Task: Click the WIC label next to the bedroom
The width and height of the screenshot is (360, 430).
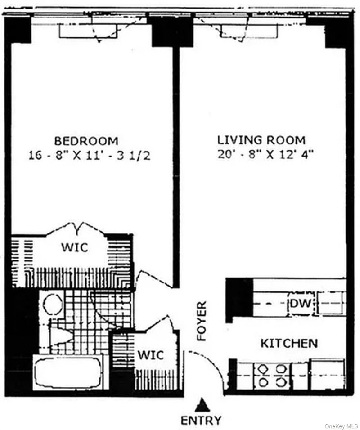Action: [75, 247]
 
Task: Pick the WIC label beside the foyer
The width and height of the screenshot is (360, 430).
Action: [150, 354]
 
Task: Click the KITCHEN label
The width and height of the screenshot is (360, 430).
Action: [289, 344]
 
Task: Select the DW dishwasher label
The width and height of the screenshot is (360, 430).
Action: [300, 304]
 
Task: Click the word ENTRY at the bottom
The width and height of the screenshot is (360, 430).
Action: [201, 421]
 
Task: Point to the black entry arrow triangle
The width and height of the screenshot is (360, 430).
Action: [203, 406]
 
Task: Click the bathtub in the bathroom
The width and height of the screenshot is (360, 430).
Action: [67, 372]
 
